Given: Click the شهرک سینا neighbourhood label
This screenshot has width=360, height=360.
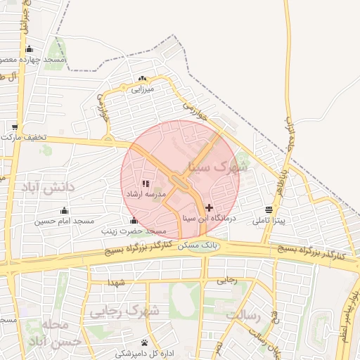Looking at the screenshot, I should pyautogui.click(x=219, y=167).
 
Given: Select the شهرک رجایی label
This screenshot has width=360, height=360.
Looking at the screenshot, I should pyautogui.click(x=124, y=310).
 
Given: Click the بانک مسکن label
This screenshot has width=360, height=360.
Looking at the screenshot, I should pyautogui.click(x=198, y=247).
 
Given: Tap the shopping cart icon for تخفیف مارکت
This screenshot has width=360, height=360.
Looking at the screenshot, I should pyautogui.click(x=15, y=127).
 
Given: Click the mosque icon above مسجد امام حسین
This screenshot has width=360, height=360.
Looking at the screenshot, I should pyautogui.click(x=65, y=210).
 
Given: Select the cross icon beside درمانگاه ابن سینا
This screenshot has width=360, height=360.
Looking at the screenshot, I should pyautogui.click(x=209, y=207).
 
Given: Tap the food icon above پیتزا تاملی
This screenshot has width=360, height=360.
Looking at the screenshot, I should pyautogui.click(x=269, y=210).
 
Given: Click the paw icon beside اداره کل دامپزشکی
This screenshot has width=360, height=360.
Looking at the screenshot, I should pyautogui.click(x=144, y=343).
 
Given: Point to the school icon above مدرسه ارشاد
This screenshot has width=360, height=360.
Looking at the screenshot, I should pyautogui.click(x=146, y=184).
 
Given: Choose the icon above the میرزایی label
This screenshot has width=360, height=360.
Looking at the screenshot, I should pyautogui.click(x=143, y=79).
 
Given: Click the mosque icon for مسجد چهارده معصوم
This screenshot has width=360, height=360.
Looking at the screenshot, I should pyautogui.click(x=29, y=49).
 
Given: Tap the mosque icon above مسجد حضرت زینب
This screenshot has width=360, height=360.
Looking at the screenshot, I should pyautogui.click(x=134, y=221).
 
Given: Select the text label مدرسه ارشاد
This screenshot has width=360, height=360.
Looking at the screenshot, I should pyautogui.click(x=145, y=193).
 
